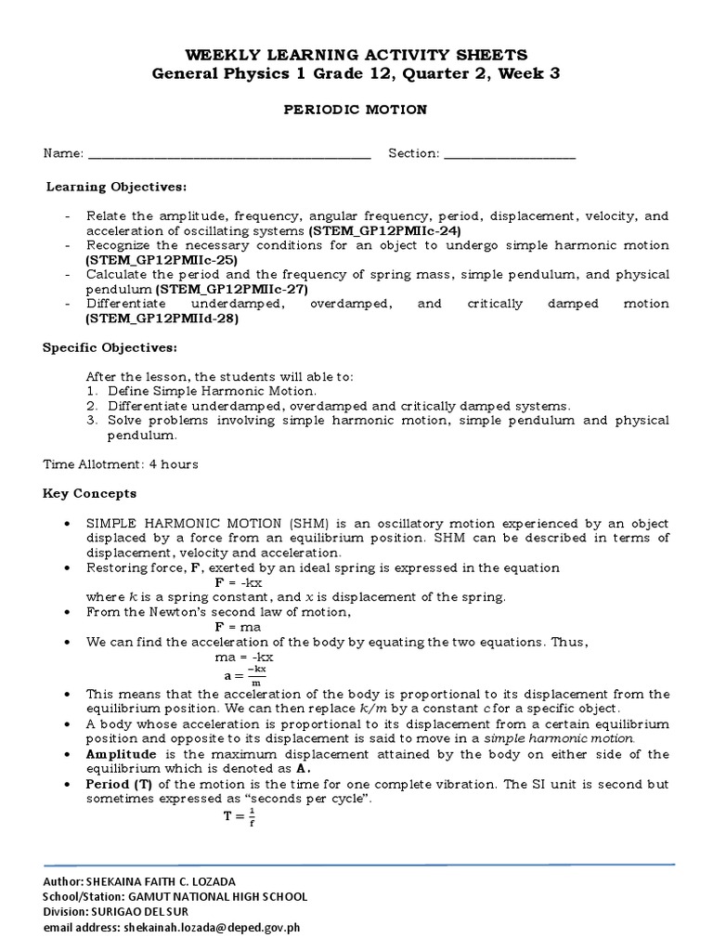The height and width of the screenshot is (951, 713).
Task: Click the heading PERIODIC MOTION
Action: pos(356,110)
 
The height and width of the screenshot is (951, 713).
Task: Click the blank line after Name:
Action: pos(228,154)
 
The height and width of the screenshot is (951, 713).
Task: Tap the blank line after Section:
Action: pos(510,154)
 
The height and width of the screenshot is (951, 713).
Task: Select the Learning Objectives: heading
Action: pos(116,187)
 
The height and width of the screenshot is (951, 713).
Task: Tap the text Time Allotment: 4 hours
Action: pos(121,463)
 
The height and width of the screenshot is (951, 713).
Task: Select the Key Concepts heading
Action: pos(90,493)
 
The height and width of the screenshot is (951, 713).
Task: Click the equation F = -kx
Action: pos(240,582)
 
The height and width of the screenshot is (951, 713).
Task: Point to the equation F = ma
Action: pos(238,627)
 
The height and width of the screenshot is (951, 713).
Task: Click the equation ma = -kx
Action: pos(244,657)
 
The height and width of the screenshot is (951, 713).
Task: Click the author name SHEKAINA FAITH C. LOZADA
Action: pos(181,881)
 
